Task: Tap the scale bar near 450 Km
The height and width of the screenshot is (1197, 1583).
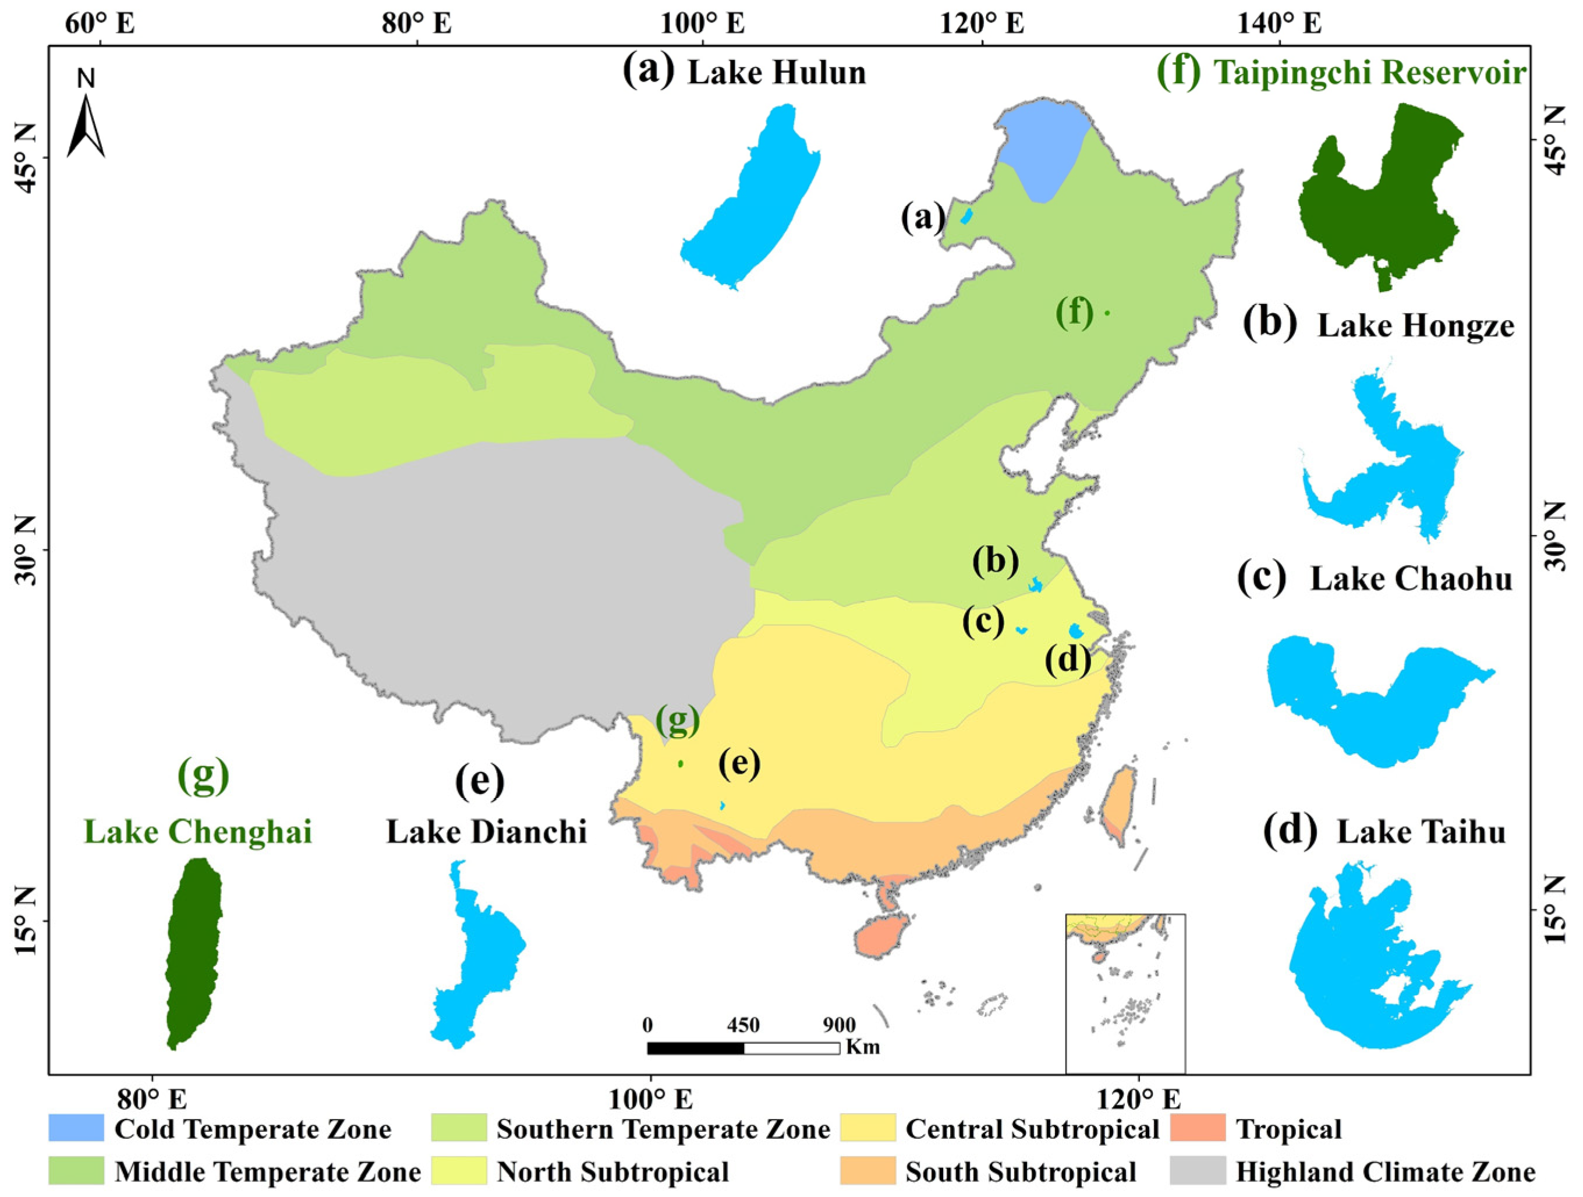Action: click(743, 1048)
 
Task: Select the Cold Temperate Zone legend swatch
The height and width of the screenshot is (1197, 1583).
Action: click(76, 1128)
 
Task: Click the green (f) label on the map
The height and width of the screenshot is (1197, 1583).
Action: click(1075, 313)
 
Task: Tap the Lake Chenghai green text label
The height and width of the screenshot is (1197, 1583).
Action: click(198, 832)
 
